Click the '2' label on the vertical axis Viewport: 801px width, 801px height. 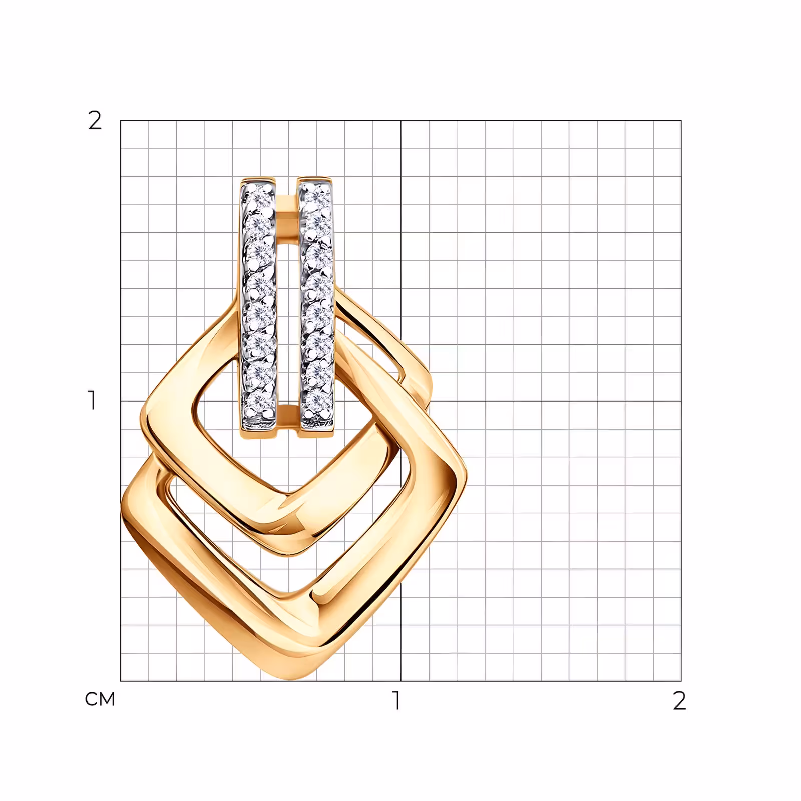[95, 120]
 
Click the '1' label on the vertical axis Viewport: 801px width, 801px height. [92, 400]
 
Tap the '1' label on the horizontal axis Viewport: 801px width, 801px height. [397, 701]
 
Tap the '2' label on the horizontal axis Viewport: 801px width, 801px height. [679, 701]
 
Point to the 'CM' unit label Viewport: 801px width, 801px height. [100, 699]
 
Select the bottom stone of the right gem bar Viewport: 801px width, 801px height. [317, 400]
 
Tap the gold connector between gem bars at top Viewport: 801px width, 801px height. [287, 208]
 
